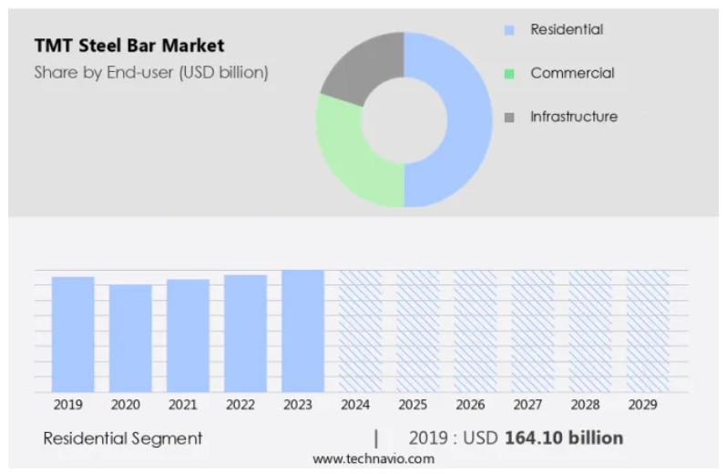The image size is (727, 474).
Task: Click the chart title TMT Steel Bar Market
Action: [128, 45]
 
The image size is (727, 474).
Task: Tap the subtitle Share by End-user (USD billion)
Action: [151, 73]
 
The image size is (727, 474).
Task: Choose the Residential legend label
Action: [566, 29]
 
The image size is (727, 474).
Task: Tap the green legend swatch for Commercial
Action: [509, 74]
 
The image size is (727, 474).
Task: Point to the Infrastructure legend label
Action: [573, 117]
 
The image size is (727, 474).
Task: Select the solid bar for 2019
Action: [73, 334]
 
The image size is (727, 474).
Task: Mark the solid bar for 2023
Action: [302, 330]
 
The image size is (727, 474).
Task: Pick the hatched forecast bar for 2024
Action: [360, 330]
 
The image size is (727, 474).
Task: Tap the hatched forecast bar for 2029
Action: [647, 330]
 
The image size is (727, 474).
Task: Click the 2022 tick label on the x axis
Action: [241, 404]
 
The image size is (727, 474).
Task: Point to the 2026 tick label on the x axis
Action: [470, 404]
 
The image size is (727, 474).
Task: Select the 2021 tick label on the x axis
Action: [183, 404]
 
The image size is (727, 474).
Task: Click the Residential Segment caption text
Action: [123, 438]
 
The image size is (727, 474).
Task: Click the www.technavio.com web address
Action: [374, 459]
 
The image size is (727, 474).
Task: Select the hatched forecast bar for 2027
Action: [532, 330]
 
